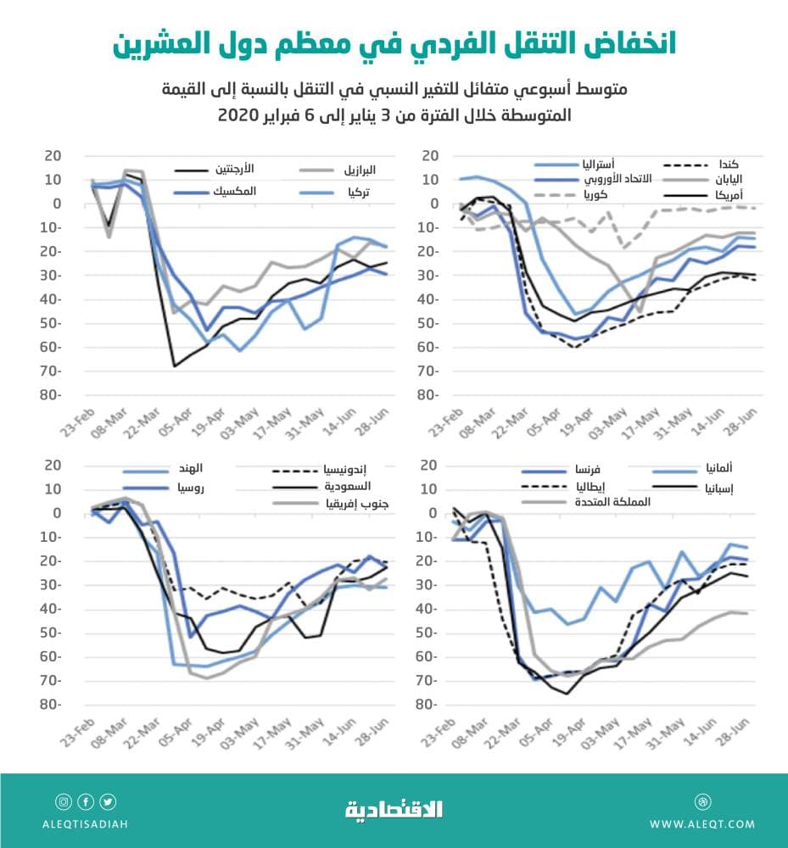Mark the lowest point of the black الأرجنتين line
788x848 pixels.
tap(175, 366)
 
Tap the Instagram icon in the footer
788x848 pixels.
tap(64, 801)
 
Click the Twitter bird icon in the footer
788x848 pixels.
tap(109, 801)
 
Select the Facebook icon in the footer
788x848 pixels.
tap(86, 801)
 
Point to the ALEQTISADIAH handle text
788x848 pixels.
tap(86, 823)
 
